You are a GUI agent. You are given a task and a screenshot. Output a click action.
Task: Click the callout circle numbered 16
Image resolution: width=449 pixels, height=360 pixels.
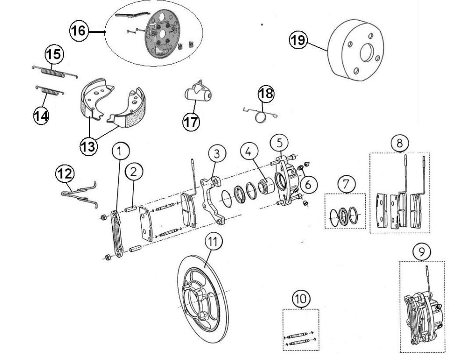click(x=78, y=30)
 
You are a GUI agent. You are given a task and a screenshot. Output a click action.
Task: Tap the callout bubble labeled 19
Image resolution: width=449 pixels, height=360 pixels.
click(x=298, y=40)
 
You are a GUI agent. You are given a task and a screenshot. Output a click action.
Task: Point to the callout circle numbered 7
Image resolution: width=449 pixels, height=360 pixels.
click(x=347, y=184)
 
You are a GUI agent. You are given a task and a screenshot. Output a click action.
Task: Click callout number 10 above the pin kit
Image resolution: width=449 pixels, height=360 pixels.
click(x=301, y=299)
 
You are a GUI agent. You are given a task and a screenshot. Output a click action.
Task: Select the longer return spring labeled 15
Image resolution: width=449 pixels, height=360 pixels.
click(x=54, y=72)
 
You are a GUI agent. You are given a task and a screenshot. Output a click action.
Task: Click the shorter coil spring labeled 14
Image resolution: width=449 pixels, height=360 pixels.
click(x=50, y=91)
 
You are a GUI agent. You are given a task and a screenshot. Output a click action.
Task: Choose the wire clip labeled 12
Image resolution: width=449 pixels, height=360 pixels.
click(x=80, y=194)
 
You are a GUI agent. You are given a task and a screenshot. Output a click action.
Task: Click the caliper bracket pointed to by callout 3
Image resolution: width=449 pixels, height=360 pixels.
click(x=212, y=200)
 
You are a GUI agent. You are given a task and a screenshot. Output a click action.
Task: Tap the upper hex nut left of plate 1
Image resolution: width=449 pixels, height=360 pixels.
click(x=103, y=217)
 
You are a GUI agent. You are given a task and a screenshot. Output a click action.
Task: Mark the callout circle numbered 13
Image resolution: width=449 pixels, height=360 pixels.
click(x=89, y=147)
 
